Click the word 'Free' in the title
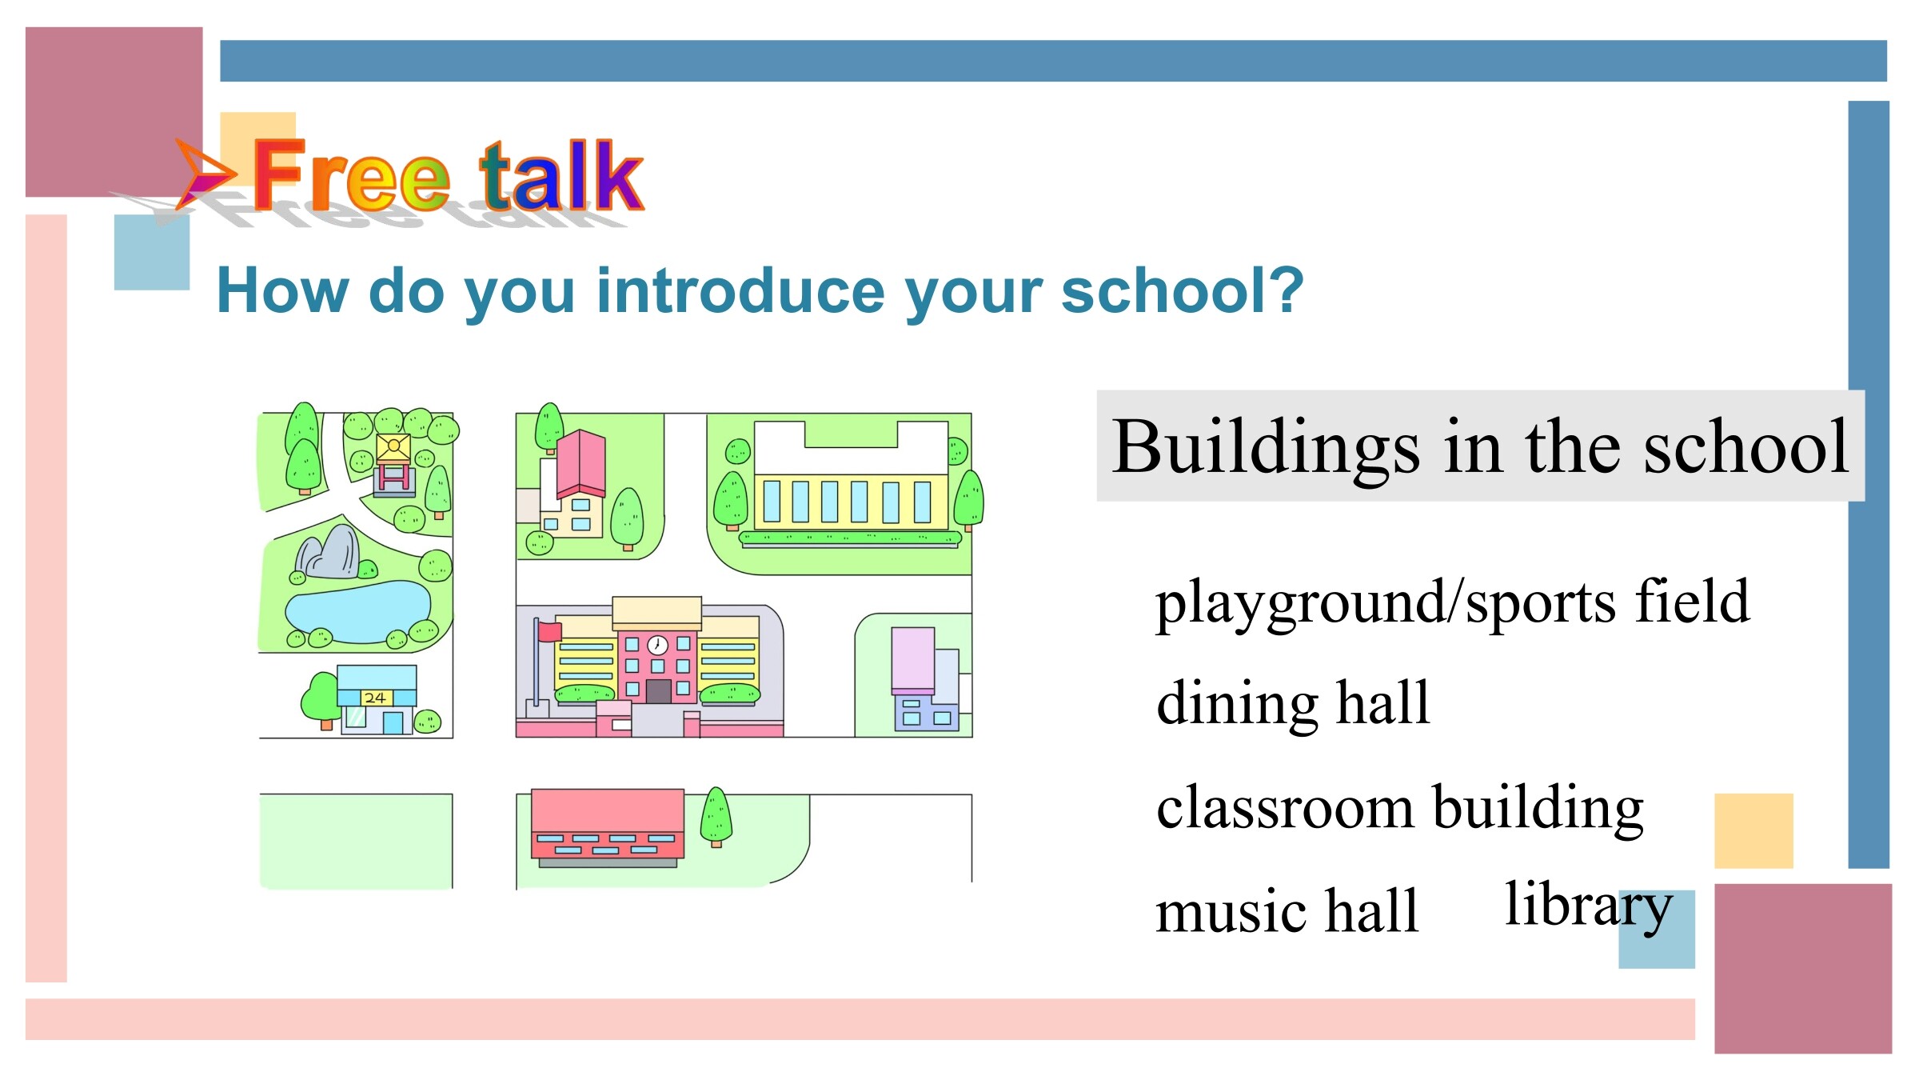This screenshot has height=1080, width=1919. [x=351, y=174]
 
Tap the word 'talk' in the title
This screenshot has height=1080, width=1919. [x=562, y=174]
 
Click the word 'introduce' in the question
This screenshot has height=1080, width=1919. [x=740, y=290]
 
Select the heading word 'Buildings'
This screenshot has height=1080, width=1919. [x=1266, y=449]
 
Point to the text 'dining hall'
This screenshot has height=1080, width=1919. [x=1293, y=703]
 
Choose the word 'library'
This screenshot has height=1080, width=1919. [x=1589, y=907]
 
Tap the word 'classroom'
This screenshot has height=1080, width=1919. [x=1285, y=807]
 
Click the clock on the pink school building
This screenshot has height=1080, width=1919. [x=657, y=645]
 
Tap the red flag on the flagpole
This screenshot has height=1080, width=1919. [x=550, y=631]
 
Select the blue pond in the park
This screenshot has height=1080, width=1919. [x=357, y=612]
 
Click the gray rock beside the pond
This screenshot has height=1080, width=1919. [x=328, y=553]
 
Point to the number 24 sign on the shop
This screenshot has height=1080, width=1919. [x=376, y=698]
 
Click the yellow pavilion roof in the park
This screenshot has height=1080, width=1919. [x=393, y=447]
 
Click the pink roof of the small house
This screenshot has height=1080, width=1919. [x=581, y=462]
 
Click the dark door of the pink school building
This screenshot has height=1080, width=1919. [x=658, y=691]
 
